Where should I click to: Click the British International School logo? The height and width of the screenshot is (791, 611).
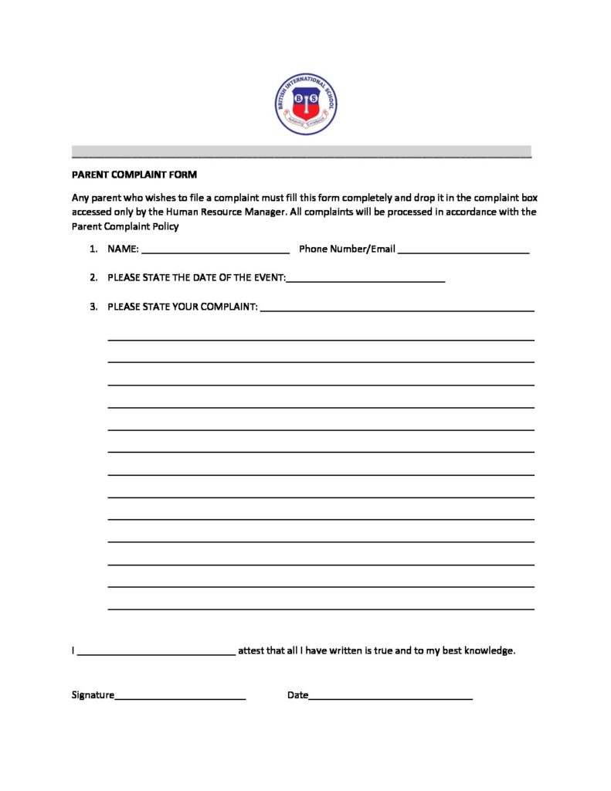coord(306,104)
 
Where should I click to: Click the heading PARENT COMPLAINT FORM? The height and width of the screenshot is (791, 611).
coord(134,175)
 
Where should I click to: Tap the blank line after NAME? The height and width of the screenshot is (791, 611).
coord(216,250)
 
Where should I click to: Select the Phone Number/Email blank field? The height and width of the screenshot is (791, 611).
coord(463,250)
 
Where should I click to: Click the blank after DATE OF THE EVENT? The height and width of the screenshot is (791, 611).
coord(365,279)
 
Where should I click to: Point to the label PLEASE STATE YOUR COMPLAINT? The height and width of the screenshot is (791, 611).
coord(182,307)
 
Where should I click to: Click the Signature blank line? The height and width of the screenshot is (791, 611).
coord(180,697)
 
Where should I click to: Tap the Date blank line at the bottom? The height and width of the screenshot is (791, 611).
coord(391,697)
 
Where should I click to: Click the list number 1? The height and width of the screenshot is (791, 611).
coord(93,249)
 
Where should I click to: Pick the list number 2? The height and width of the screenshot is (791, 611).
coord(93,277)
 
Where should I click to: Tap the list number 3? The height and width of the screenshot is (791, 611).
coord(93,307)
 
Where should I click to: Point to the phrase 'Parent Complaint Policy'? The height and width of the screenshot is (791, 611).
coord(125,226)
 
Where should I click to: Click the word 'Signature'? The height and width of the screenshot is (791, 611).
coord(93,695)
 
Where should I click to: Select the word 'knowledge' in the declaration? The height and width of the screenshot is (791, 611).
coord(488,650)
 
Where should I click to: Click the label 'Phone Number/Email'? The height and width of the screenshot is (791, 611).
coord(347,249)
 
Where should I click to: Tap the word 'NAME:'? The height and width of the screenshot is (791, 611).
coord(123,249)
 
